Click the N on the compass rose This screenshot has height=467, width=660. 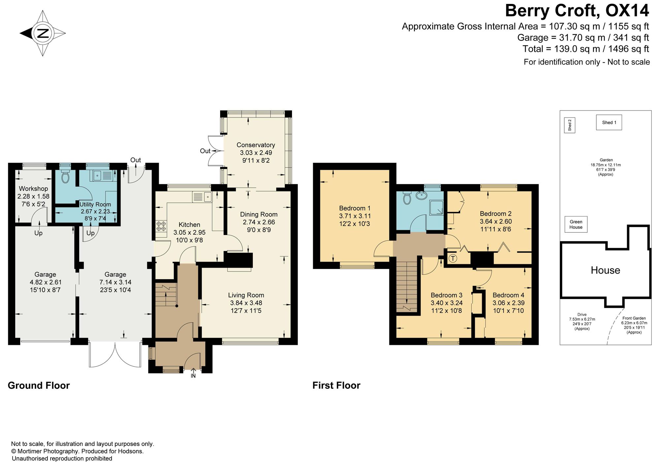43,33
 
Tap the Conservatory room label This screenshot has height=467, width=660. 256,145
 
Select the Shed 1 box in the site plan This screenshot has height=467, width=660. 609,122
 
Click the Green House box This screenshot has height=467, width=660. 576,224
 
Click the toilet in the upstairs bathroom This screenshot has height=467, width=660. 407,197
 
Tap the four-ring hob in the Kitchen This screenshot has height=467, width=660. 161,226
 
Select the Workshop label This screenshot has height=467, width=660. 33,189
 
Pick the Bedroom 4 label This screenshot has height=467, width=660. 508,295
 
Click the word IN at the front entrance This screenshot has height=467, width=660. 193,376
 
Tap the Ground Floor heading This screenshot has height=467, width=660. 39,385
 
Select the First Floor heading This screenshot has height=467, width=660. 336,385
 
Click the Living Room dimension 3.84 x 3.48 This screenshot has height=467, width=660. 246,303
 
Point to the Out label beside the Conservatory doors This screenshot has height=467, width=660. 205,151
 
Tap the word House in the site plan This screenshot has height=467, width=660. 605,270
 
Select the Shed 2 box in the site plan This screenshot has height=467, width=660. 570,125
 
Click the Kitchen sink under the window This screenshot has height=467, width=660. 202,197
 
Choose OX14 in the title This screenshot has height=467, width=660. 627,11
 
